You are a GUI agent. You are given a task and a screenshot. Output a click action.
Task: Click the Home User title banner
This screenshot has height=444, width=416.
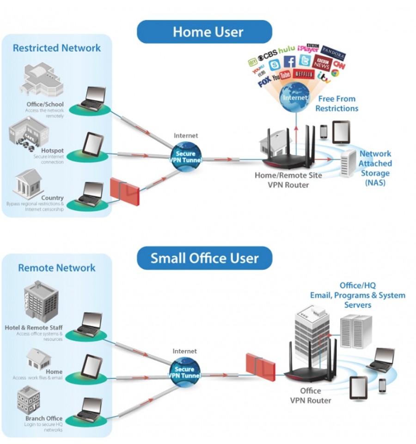tap(208, 32)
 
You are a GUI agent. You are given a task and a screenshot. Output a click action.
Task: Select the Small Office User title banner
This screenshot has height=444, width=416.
tap(204, 258)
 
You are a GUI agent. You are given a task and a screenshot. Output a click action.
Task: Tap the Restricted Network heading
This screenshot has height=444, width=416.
tap(57, 48)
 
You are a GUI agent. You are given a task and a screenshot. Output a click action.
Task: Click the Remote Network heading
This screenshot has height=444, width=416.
tap(57, 268)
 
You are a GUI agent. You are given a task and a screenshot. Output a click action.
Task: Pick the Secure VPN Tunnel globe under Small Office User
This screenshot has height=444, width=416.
tap(184, 372)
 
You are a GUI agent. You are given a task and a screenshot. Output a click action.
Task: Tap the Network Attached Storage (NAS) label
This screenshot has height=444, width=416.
tap(375, 168)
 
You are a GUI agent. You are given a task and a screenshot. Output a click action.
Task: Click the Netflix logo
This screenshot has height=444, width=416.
tap(304, 74)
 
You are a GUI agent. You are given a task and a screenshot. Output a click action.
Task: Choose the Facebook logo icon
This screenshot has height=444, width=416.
tap(289, 62)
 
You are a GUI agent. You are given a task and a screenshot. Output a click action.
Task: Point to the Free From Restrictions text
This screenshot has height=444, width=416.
tap(336, 104)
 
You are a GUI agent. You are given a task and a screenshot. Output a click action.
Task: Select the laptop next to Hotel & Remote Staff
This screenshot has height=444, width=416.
tap(89, 324)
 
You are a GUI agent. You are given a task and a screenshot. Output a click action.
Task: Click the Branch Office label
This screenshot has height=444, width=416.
tap(44, 419)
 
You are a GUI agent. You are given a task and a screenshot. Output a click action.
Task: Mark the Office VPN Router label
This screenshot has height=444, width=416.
tap(311, 395)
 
